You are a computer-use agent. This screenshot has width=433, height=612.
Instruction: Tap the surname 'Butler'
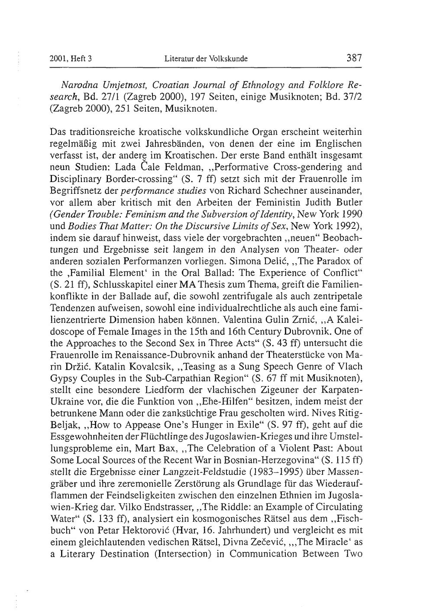[x=350, y=202]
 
